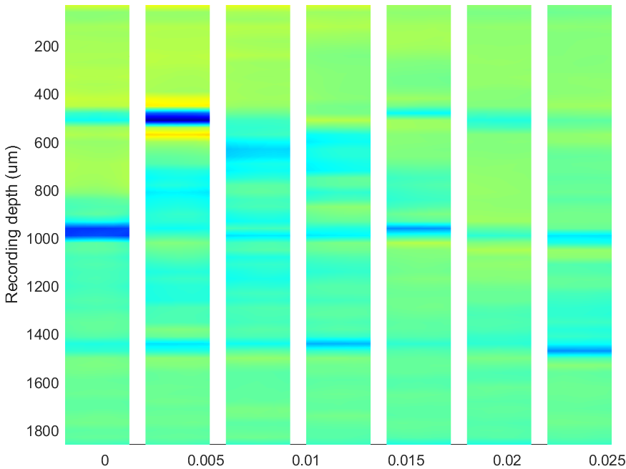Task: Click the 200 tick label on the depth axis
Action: coord(47,46)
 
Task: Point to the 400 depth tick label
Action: coord(47,95)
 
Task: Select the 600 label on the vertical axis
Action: coord(47,143)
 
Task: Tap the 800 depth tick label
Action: coord(47,191)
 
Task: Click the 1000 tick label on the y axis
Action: coord(43,239)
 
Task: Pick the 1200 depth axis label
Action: coord(43,287)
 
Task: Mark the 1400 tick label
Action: coord(43,335)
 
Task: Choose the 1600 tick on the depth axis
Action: coord(43,383)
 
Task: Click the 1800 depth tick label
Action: coord(43,431)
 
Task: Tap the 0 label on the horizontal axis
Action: coord(104,460)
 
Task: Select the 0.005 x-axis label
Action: coord(206,460)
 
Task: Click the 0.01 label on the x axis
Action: coord(305,460)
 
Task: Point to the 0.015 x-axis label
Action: coord(406,460)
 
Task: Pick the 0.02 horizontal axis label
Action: coord(507,460)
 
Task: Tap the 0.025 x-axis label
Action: coord(607,460)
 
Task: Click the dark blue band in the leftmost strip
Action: coord(97,232)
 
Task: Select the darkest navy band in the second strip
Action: coord(177,118)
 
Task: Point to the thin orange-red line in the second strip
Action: coord(177,135)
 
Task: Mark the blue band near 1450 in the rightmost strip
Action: coord(579,350)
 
